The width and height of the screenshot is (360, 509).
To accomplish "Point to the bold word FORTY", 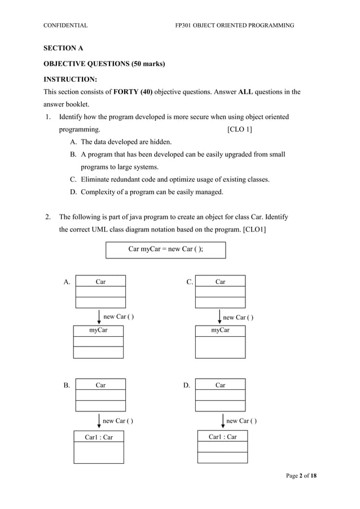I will pyautogui.click(x=133, y=91).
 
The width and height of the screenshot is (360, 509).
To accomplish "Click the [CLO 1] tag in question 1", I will pyautogui.click(x=239, y=130).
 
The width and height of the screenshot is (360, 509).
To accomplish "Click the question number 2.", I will pyautogui.click(x=49, y=217).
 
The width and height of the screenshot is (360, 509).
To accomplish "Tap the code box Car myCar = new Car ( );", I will pyautogui.click(x=166, y=249).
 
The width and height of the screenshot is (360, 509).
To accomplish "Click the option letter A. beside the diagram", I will pyautogui.click(x=67, y=282).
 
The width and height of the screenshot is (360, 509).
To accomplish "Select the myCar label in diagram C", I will pyautogui.click(x=220, y=330).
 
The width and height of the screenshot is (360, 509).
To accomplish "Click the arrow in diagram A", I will pyautogui.click(x=99, y=316).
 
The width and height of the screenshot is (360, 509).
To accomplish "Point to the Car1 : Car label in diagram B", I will pyautogui.click(x=99, y=437).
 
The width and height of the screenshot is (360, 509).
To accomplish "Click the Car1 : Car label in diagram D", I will pyautogui.click(x=223, y=437).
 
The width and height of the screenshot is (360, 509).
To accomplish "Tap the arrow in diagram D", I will pyautogui.click(x=223, y=420).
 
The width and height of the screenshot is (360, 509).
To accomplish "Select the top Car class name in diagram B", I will pyautogui.click(x=100, y=385).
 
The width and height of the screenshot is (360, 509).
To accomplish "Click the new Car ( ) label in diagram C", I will pyautogui.click(x=238, y=318).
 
